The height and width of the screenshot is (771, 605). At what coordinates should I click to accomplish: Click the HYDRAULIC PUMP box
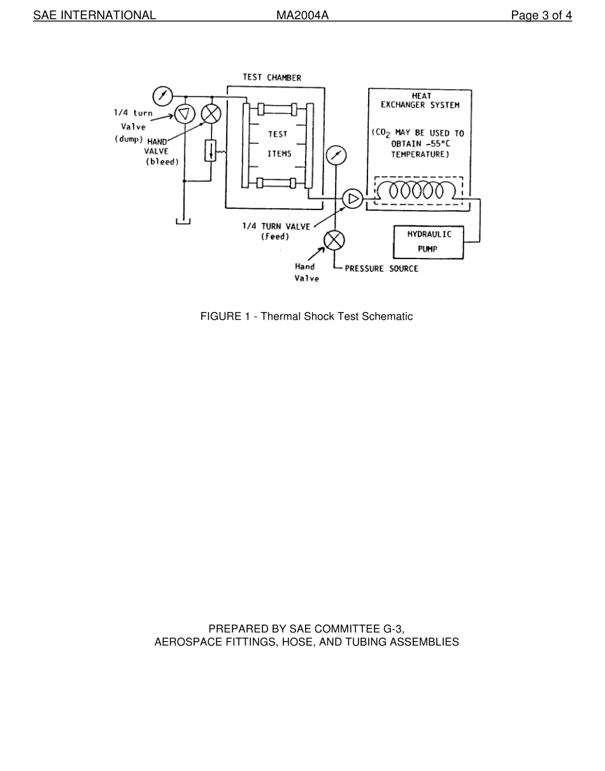pyautogui.click(x=429, y=242)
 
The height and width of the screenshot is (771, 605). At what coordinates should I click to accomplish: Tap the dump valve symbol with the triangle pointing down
pyautogui.click(x=184, y=113)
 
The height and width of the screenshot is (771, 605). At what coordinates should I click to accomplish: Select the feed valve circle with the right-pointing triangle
pyautogui.click(x=352, y=199)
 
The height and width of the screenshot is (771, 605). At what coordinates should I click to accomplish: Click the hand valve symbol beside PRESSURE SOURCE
pyautogui.click(x=334, y=240)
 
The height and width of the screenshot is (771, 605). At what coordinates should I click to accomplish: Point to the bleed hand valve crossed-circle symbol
pyautogui.click(x=211, y=113)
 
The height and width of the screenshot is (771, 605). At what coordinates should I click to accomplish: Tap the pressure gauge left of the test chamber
pyautogui.click(x=163, y=96)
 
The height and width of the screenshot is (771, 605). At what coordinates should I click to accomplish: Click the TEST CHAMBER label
pyautogui.click(x=272, y=78)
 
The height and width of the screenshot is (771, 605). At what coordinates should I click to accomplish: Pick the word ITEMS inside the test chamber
pyautogui.click(x=279, y=154)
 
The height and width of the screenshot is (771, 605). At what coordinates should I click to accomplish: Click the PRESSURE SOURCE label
pyautogui.click(x=381, y=269)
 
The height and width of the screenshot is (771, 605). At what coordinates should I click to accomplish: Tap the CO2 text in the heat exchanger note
pyautogui.click(x=383, y=134)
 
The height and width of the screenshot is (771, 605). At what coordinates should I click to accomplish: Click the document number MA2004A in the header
pyautogui.click(x=302, y=16)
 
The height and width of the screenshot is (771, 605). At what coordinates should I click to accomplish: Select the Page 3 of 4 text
pyautogui.click(x=541, y=16)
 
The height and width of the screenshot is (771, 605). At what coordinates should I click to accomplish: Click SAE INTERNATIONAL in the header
pyautogui.click(x=94, y=16)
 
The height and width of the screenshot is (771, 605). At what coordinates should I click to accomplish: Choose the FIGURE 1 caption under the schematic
pyautogui.click(x=306, y=316)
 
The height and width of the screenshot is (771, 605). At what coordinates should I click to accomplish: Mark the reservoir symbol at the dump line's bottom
pyautogui.click(x=183, y=221)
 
